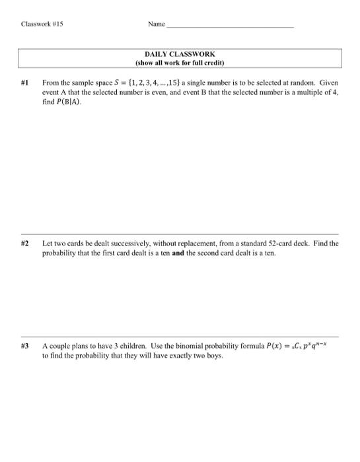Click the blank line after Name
tap(231, 26)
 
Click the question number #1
tap(25, 84)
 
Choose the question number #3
tap(25, 346)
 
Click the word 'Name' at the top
tap(157, 24)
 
